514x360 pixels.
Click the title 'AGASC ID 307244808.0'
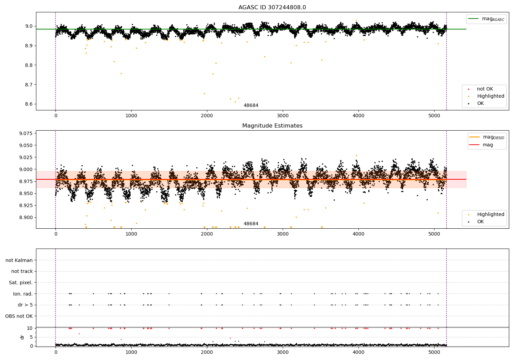[x=272, y=8]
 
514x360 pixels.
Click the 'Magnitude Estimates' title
[x=272, y=126]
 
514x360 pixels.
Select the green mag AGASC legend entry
[x=487, y=19]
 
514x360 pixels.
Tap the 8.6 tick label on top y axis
[x=28, y=104]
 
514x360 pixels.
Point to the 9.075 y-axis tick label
[x=26, y=133]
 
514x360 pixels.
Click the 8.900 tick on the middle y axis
[x=26, y=217]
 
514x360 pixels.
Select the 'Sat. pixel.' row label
[x=21, y=283]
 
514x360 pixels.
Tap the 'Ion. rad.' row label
[x=23, y=294]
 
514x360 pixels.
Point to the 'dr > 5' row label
[x=25, y=305]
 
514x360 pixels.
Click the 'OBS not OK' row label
[x=19, y=316]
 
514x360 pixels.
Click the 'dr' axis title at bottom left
[x=22, y=337]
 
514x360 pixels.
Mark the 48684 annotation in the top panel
[x=251, y=106]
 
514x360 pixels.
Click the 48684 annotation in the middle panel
[x=251, y=224]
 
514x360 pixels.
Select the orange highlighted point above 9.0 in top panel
[x=356, y=21]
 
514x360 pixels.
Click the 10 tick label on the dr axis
[x=30, y=328]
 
